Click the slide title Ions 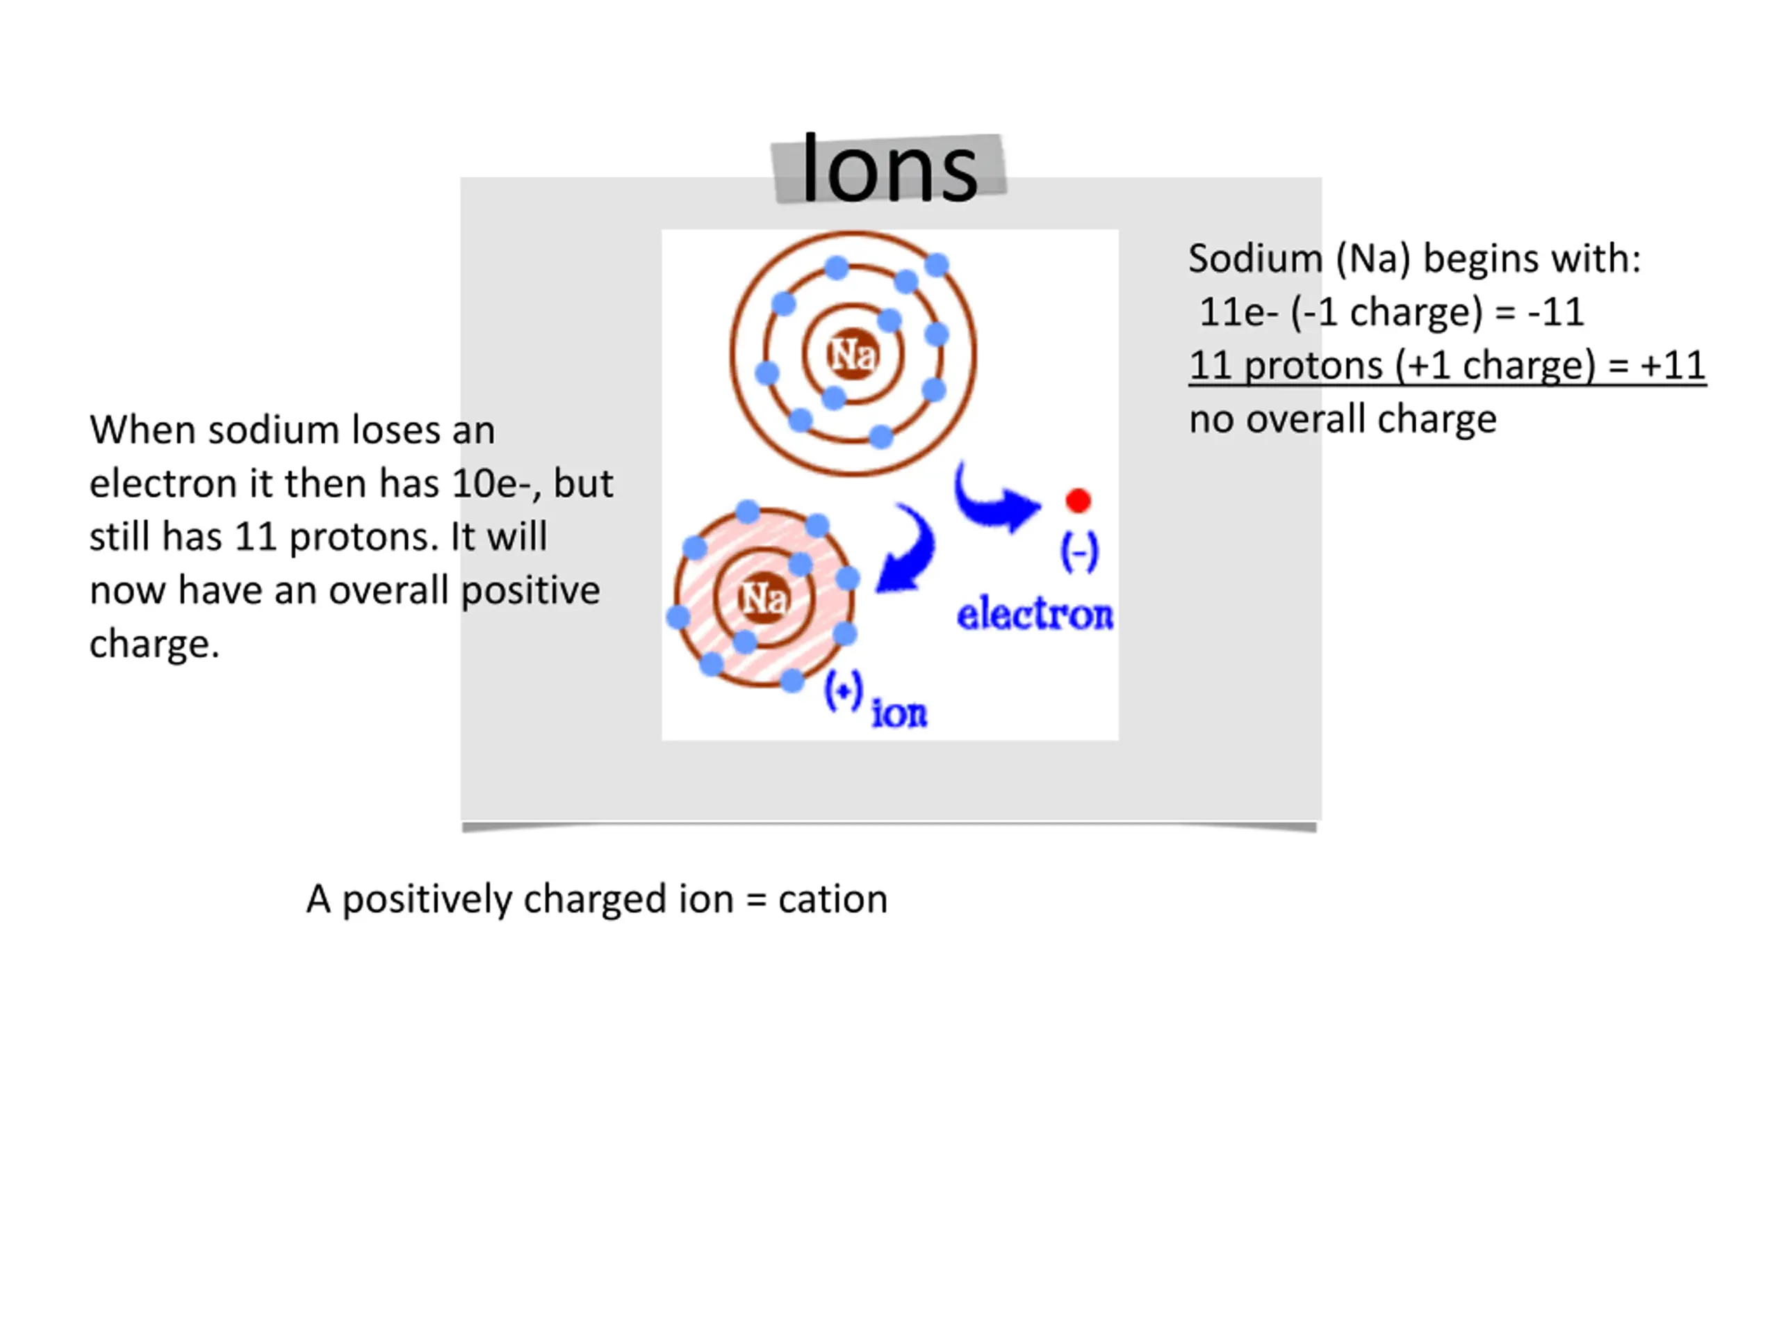[889, 170]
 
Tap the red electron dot [1078, 501]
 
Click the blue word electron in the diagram [1034, 615]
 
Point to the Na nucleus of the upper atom [853, 354]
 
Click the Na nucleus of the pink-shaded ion [763, 598]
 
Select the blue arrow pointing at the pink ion [907, 551]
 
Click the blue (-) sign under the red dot [1079, 552]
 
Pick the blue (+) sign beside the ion [844, 691]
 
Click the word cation [833, 899]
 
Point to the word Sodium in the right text [1254, 259]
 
